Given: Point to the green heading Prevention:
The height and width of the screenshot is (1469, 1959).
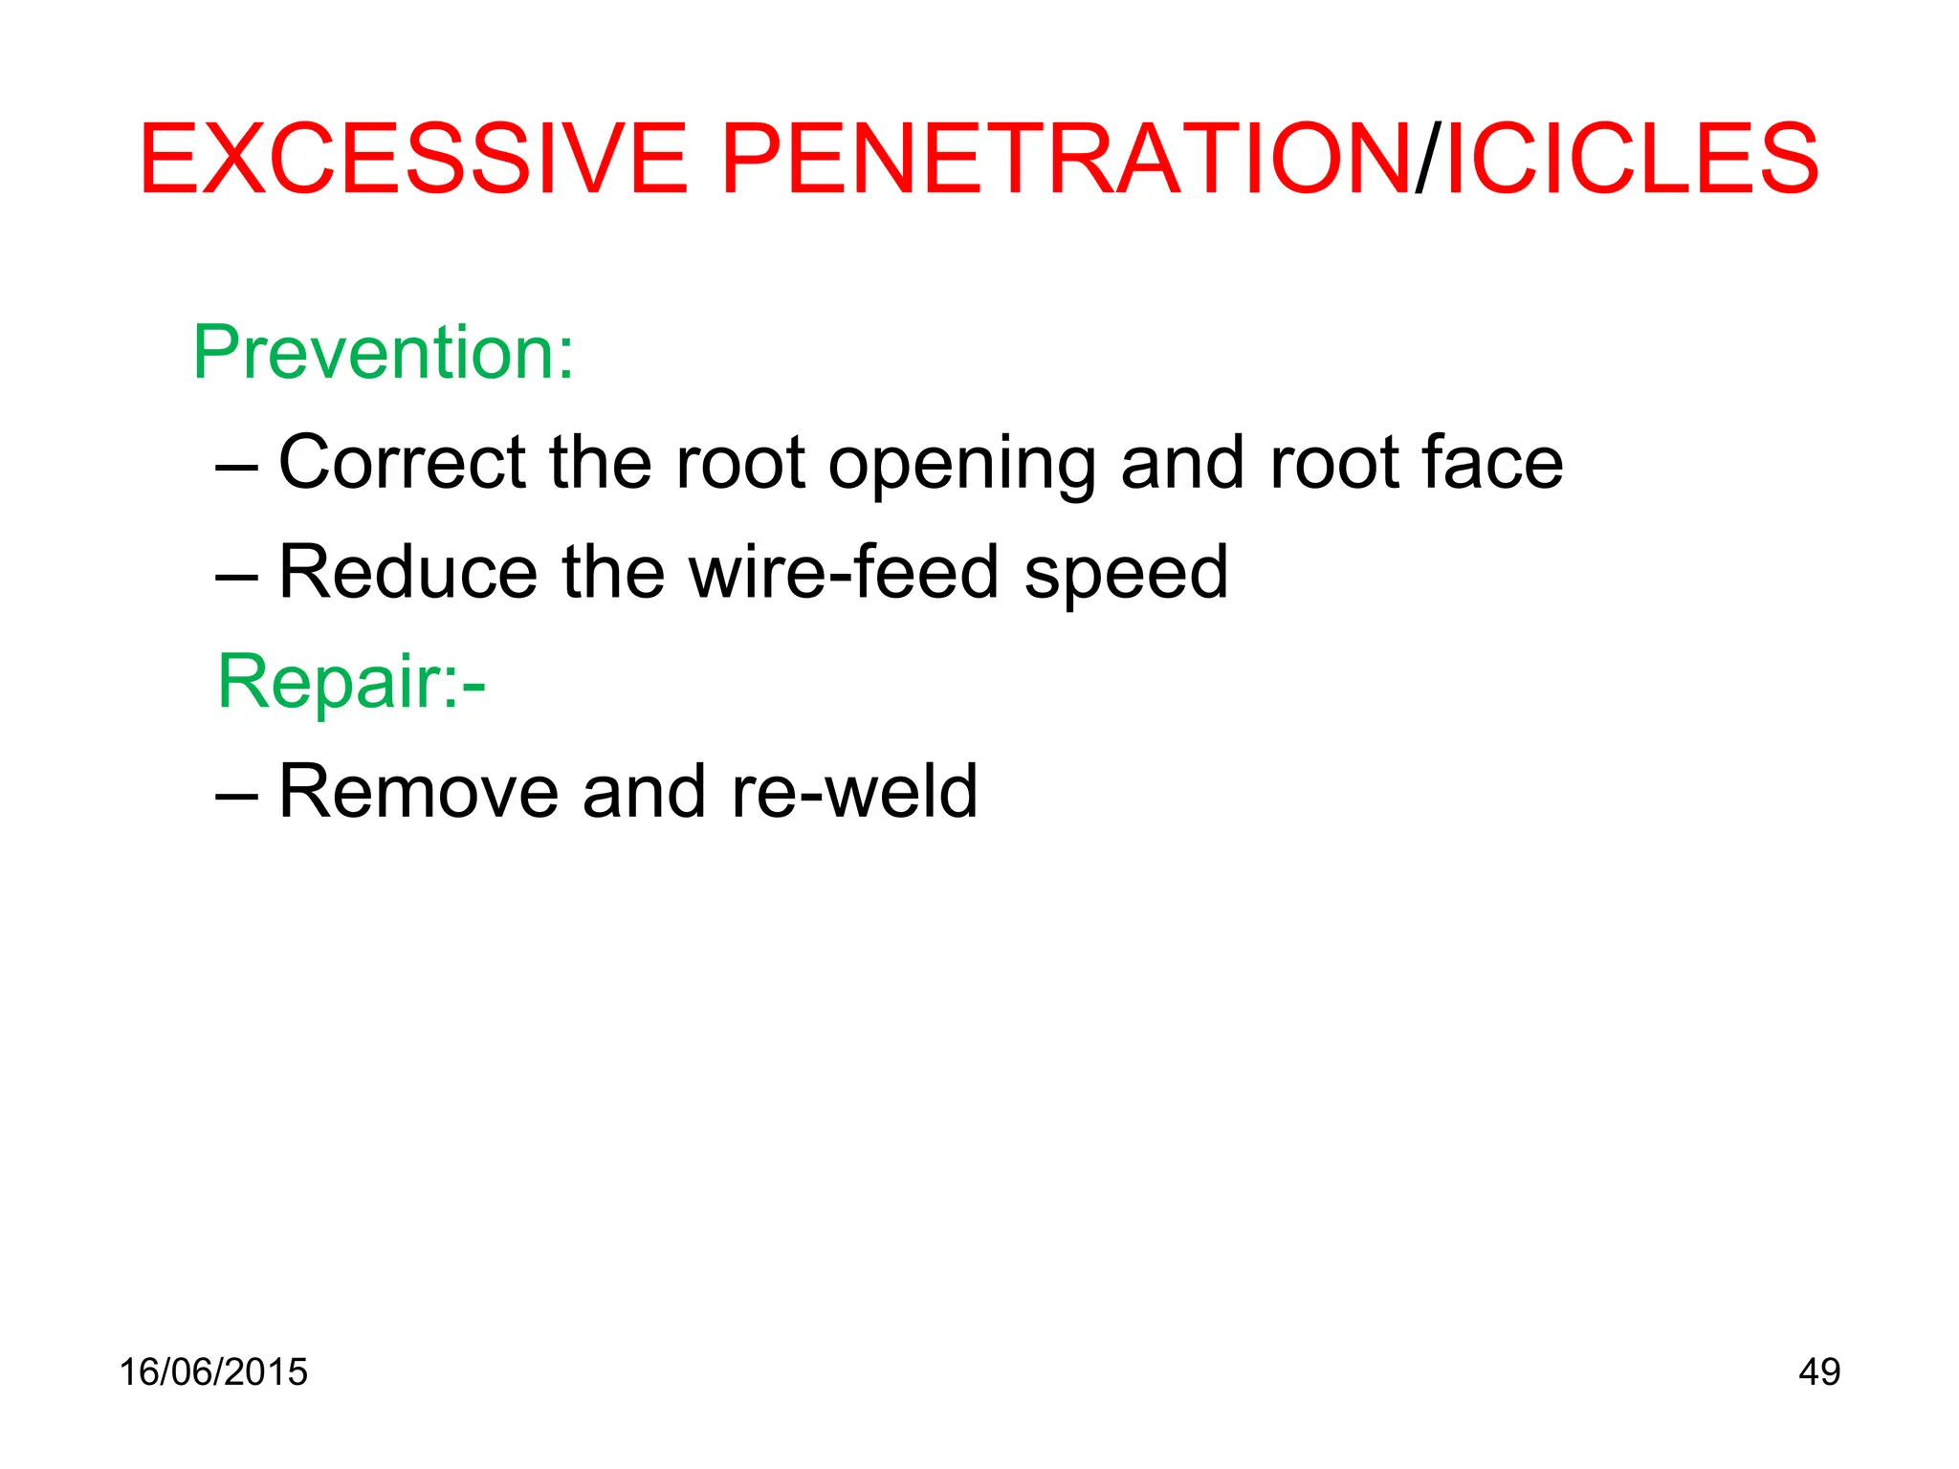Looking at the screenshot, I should pyautogui.click(x=384, y=353).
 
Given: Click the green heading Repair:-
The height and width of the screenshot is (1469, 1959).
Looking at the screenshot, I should pyautogui.click(x=351, y=682).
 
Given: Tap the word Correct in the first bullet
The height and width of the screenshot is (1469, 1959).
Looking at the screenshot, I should pyautogui.click(x=402, y=463).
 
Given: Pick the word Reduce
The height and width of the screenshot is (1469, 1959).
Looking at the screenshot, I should pyautogui.click(x=407, y=573).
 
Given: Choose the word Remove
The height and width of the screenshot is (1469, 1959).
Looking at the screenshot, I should pyautogui.click(x=418, y=792).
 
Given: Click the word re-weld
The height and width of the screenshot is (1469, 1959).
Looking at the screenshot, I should pyautogui.click(x=854, y=792).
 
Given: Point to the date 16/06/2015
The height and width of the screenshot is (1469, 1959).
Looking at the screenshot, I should pyautogui.click(x=213, y=1372).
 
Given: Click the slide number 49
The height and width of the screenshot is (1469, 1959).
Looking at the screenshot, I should pyautogui.click(x=1818, y=1372).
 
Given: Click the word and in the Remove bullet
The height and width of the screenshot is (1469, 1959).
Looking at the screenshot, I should pyautogui.click(x=644, y=792).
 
